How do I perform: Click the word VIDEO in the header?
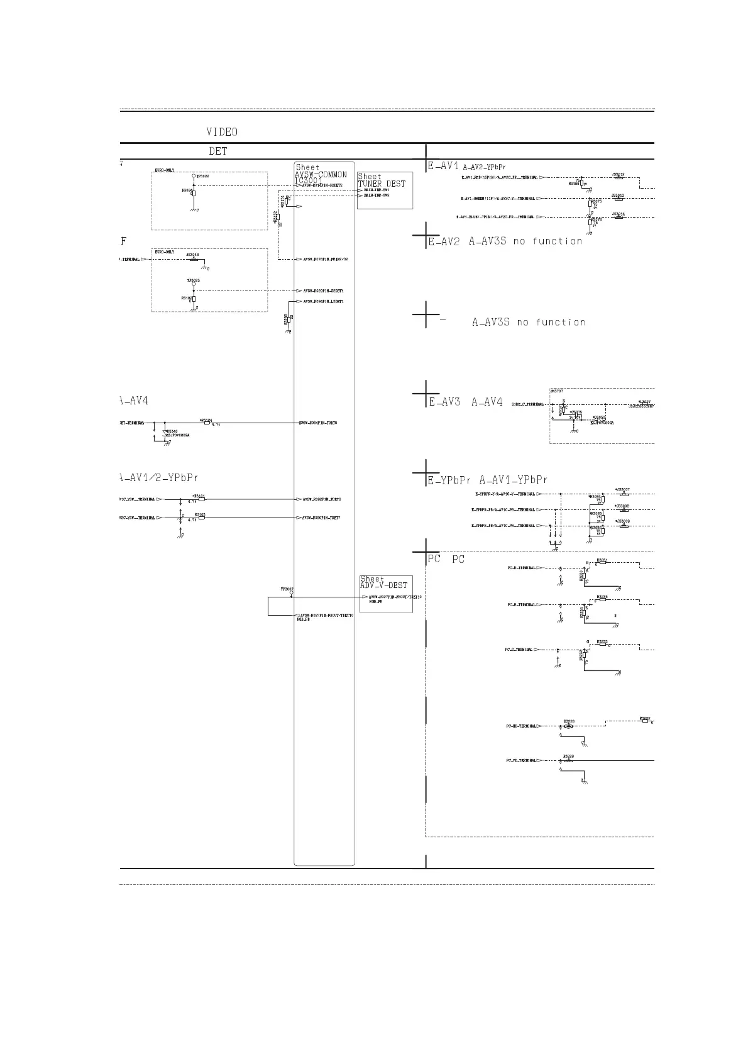(x=222, y=132)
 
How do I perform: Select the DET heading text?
(x=218, y=152)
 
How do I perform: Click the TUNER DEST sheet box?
(x=385, y=190)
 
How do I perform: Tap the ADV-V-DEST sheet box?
(x=385, y=593)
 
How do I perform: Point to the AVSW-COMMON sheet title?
(x=321, y=175)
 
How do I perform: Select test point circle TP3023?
(x=194, y=284)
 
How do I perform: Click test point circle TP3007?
(x=291, y=593)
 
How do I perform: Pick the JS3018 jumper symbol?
(x=194, y=259)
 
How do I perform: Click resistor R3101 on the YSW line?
(x=202, y=499)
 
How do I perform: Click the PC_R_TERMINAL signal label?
(x=522, y=568)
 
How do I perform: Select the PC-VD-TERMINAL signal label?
(x=522, y=761)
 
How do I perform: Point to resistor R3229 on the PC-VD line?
(x=569, y=761)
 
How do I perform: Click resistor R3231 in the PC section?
(x=602, y=563)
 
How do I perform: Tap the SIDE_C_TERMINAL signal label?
(x=528, y=404)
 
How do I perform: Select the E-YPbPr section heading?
(x=449, y=480)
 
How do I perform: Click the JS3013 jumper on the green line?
(x=619, y=199)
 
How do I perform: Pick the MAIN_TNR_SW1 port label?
(x=377, y=190)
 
